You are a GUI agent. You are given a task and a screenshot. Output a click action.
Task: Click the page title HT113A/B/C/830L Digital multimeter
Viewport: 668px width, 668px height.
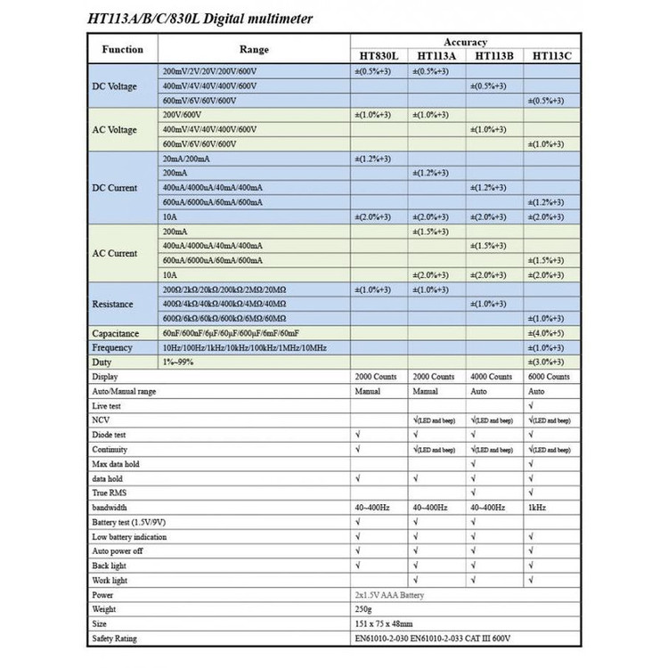point(200,19)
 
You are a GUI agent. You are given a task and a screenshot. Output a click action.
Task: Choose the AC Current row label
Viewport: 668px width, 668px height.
point(115,253)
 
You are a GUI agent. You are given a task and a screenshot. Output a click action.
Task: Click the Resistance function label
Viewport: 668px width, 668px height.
point(112,304)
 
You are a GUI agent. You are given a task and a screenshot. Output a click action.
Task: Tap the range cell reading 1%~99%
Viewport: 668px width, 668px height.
point(177,363)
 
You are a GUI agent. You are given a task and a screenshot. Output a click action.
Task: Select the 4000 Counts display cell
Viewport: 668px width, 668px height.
point(493,377)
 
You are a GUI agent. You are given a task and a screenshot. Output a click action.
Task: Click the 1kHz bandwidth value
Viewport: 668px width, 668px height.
point(538,507)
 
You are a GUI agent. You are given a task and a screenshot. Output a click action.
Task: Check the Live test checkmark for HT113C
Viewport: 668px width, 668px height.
point(532,406)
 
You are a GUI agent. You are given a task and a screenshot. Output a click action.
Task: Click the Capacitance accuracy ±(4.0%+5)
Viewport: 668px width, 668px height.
point(546,333)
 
